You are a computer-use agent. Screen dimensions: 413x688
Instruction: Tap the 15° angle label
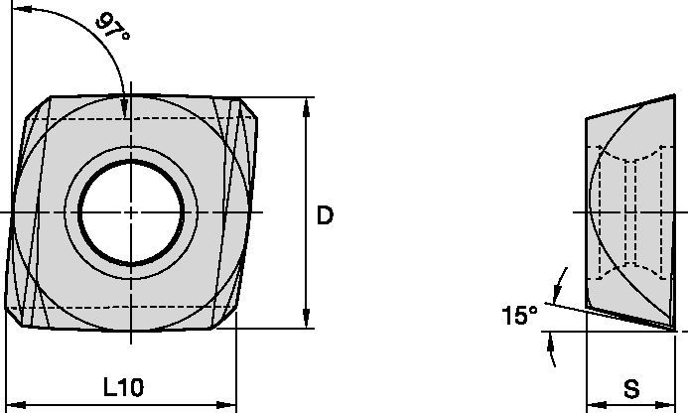[518, 316]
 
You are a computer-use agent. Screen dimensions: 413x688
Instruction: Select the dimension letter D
[325, 215]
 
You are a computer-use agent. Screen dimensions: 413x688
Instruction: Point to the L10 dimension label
[123, 387]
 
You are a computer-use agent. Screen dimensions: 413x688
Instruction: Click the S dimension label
[631, 387]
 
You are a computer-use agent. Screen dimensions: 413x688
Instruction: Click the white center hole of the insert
[131, 213]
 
